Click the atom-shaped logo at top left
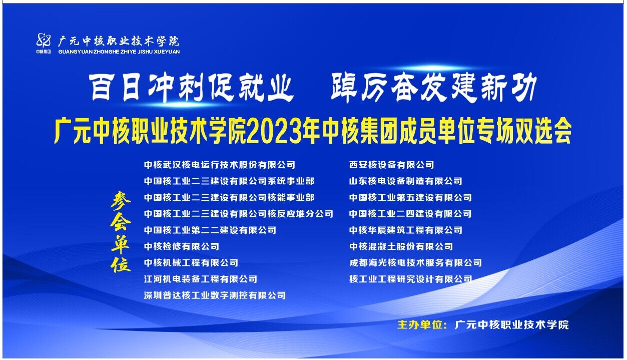[44, 40]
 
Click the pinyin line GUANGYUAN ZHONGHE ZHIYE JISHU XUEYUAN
[119, 52]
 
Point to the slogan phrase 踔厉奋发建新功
[433, 87]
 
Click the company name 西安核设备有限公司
[392, 165]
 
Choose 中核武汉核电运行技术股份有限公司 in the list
[220, 165]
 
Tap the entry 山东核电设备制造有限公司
[406, 181]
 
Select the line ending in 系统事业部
[229, 181]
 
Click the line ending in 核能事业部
[229, 197]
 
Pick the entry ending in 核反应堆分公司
[239, 214]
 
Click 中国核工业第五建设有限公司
[410, 197]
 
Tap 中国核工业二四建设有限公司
[410, 214]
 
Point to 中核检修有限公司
[182, 246]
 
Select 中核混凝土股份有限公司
[401, 246]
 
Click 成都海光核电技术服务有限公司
[415, 263]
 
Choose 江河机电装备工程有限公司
[201, 279]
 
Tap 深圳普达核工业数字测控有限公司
[215, 295]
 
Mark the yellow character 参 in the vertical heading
[121, 201]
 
